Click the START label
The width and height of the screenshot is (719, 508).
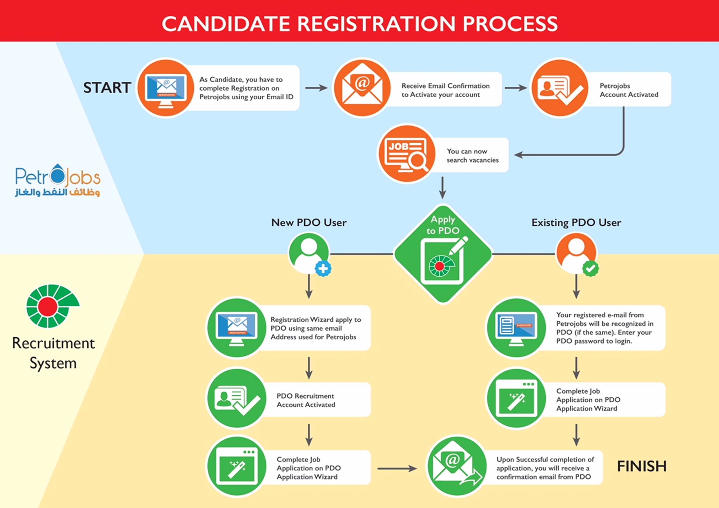107,87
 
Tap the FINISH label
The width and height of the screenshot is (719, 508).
642,466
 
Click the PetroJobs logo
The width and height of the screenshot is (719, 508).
58,180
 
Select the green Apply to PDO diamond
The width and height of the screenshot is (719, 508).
443,254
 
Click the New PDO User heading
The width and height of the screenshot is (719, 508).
309,222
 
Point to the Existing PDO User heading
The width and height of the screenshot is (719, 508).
576,222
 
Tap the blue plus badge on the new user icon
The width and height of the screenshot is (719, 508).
323,269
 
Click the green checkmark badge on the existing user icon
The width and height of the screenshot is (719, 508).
591,268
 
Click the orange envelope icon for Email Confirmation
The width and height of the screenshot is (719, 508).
362,88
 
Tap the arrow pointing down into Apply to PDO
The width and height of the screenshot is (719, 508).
442,188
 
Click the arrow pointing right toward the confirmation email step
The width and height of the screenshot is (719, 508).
397,469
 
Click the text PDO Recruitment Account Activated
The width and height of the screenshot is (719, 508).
306,400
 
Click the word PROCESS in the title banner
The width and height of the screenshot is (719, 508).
510,23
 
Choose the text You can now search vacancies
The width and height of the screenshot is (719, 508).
473,156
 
